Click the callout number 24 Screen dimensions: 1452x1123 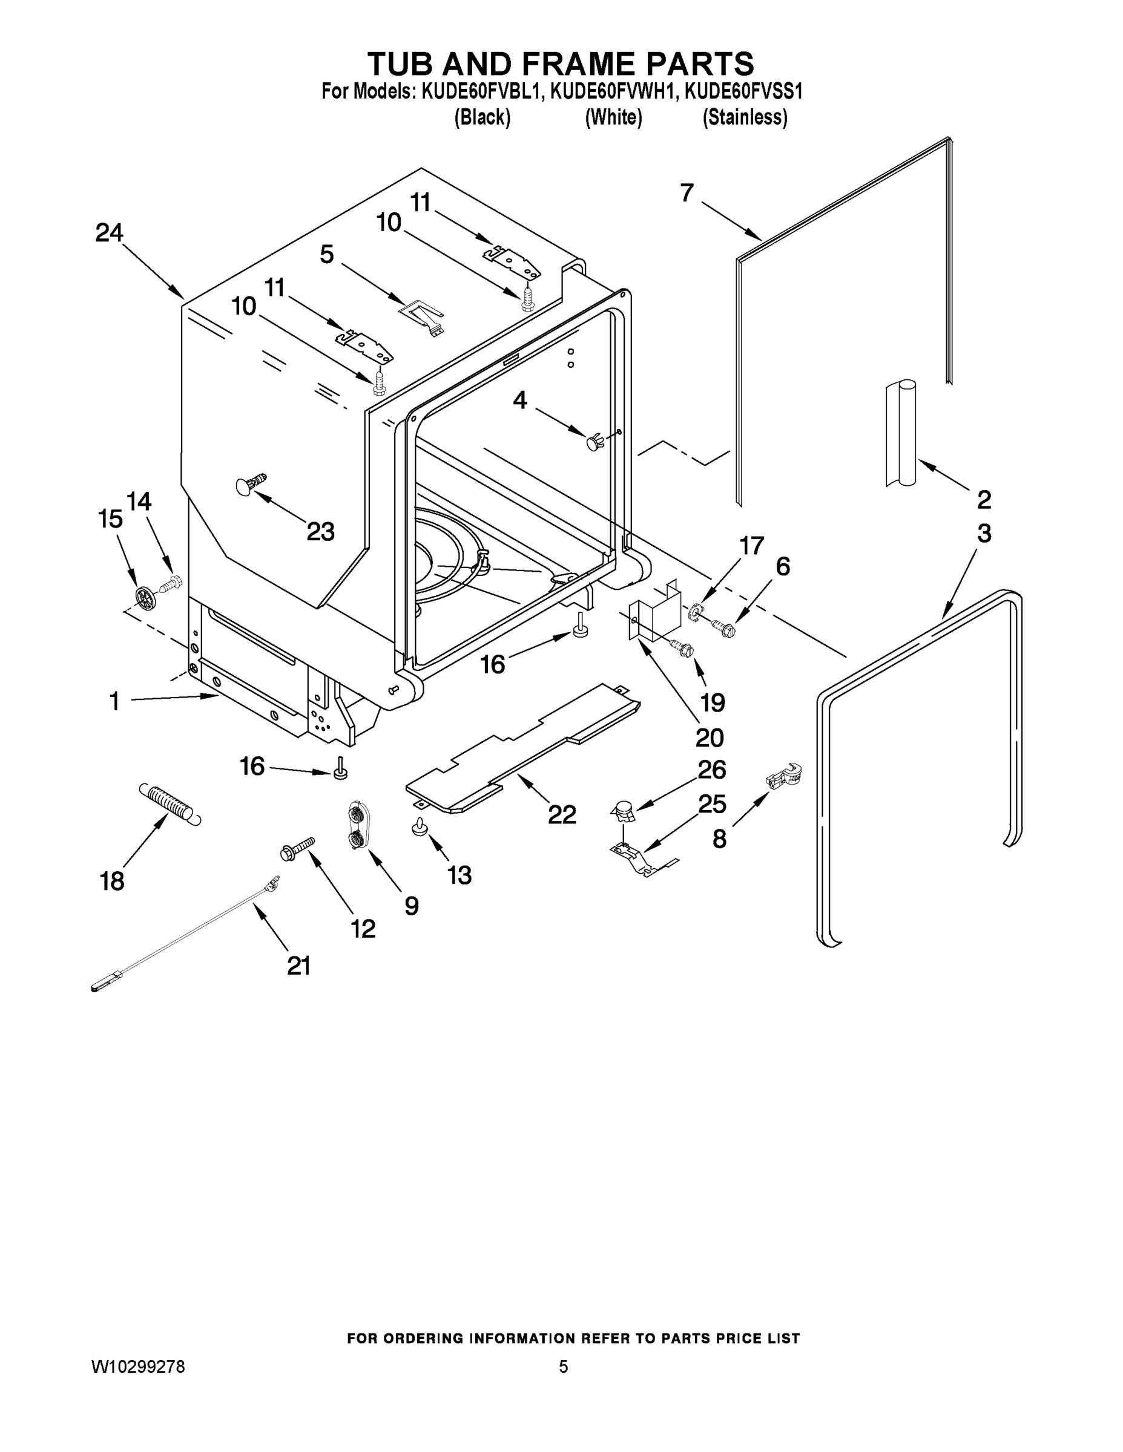click(109, 234)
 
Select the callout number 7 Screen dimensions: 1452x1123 click(687, 193)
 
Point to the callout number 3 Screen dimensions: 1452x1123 click(984, 533)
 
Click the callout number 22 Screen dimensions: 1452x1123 click(562, 814)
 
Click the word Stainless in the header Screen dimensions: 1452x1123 click(745, 118)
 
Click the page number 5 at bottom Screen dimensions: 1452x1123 click(563, 1367)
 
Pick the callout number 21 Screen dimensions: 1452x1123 click(298, 966)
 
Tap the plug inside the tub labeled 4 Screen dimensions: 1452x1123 click(594, 442)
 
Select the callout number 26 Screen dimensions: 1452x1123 click(711, 770)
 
